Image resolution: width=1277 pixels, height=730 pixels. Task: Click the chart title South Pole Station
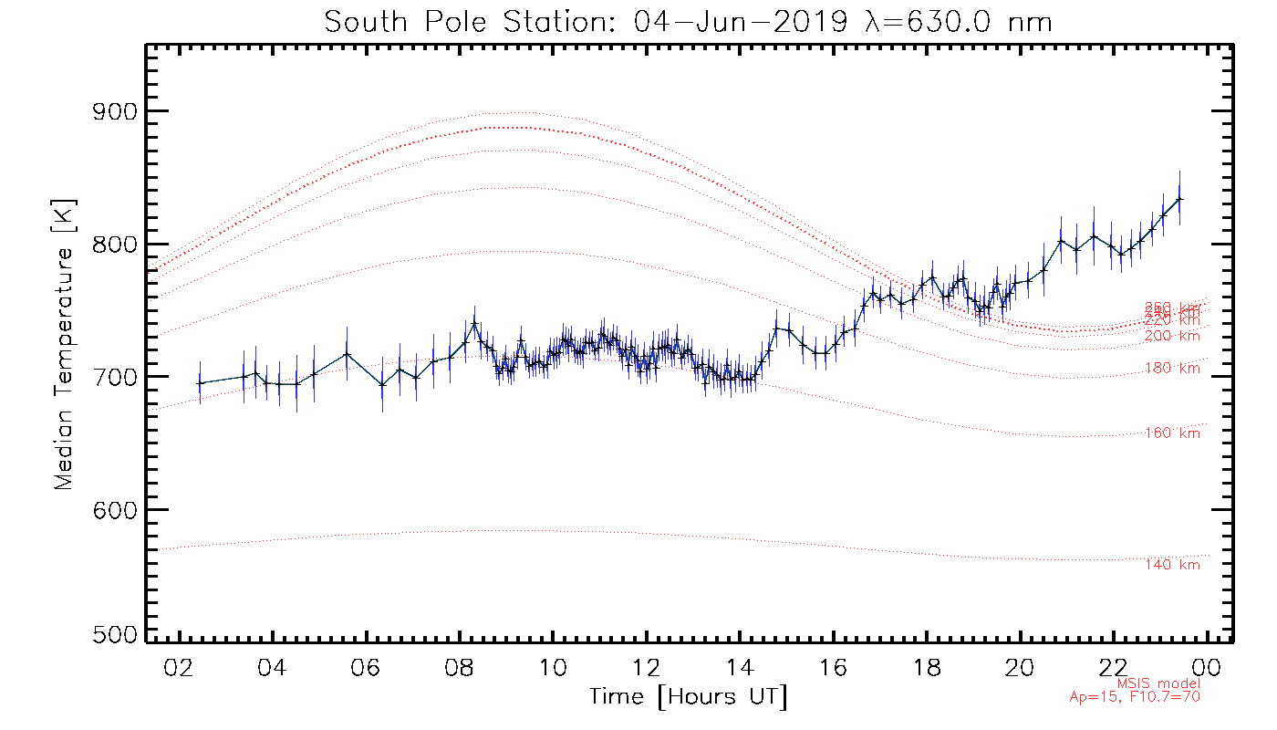(689, 20)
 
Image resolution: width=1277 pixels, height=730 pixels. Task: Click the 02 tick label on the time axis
(180, 668)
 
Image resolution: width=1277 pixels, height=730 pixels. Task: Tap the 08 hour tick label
(460, 668)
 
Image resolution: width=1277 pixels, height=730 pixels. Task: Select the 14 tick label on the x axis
(740, 668)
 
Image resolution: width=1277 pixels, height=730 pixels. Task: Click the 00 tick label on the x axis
(1208, 668)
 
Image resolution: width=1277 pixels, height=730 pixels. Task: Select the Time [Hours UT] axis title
(689, 697)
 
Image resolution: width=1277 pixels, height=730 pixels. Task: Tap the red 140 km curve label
(1172, 565)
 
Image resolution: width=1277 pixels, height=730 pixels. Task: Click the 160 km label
(1172, 433)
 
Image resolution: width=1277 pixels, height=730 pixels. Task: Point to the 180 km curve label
(1172, 369)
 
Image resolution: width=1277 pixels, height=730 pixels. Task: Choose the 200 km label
(1172, 336)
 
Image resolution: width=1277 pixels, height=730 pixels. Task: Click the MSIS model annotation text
(1158, 683)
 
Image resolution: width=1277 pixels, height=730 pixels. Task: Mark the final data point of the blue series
(1179, 199)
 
